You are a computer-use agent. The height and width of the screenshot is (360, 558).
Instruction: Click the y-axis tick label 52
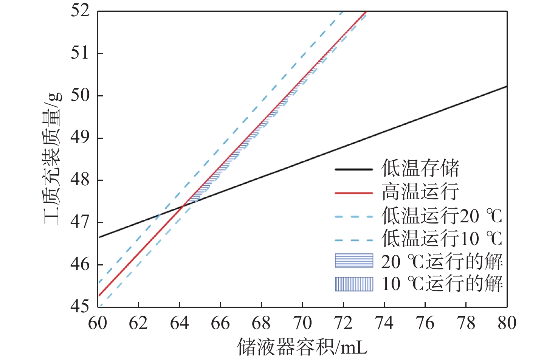pos(80,11)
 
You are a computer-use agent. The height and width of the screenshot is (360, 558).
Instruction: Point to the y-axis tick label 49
pos(80,137)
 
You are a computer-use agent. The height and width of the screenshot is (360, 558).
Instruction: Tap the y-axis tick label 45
pos(80,306)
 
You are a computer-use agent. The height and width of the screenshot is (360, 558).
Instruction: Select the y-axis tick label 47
pos(80,222)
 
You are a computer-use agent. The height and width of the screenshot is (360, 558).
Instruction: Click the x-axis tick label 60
pos(98,323)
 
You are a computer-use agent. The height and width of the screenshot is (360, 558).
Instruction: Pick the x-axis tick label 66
pos(220,323)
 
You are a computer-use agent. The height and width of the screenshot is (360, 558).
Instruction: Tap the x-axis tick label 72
pos(343,323)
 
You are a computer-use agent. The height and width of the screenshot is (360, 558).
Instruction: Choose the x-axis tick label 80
pos(507,323)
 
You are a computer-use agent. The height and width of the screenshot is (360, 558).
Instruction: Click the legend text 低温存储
pos(420,169)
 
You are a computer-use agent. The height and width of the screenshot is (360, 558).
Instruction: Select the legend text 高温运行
pos(420,192)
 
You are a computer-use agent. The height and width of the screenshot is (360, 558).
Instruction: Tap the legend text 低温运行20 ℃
pos(442,216)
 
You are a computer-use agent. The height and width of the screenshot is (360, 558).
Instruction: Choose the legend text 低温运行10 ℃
pos(442,239)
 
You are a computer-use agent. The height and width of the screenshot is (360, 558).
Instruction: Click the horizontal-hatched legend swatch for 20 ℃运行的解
pos(354,261)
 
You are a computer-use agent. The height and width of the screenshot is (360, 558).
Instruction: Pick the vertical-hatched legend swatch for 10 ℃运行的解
pos(354,284)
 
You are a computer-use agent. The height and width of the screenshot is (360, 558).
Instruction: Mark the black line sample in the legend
pos(354,169)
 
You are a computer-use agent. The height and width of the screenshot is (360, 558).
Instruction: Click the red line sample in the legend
pos(354,192)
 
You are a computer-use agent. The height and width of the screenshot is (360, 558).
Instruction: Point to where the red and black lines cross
pos(183,206)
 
